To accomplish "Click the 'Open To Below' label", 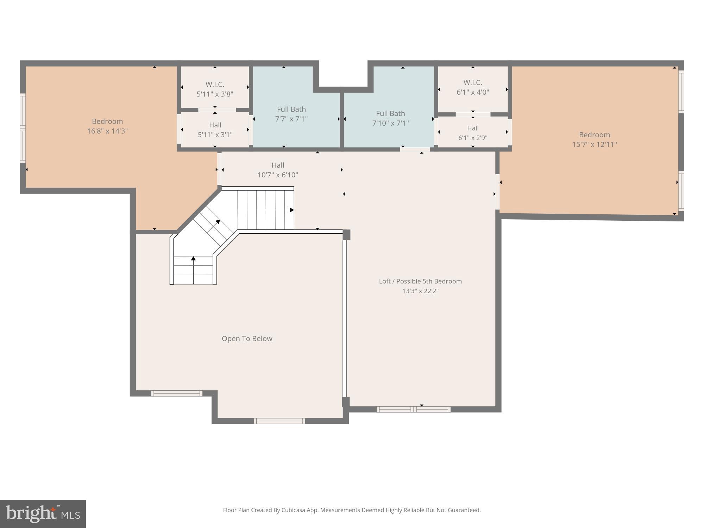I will coord(247,339).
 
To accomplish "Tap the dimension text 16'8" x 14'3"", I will coord(107,131).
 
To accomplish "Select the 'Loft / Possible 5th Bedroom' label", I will coord(420,281).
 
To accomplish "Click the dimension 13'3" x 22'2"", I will coord(420,291).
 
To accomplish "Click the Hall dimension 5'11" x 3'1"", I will coord(215,135).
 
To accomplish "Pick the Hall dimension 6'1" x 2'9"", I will coord(473,138).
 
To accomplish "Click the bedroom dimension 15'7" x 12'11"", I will coord(594,144).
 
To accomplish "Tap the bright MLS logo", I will coord(43,514).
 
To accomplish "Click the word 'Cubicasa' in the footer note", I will coord(293,510).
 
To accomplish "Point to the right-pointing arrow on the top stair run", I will coord(291,210).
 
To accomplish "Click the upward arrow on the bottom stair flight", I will coord(193,259).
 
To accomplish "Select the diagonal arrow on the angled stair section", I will coord(218,222).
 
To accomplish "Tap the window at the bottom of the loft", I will coord(413,409).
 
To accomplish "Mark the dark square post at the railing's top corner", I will coord(346,234).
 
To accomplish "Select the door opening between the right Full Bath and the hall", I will coord(415,150).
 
